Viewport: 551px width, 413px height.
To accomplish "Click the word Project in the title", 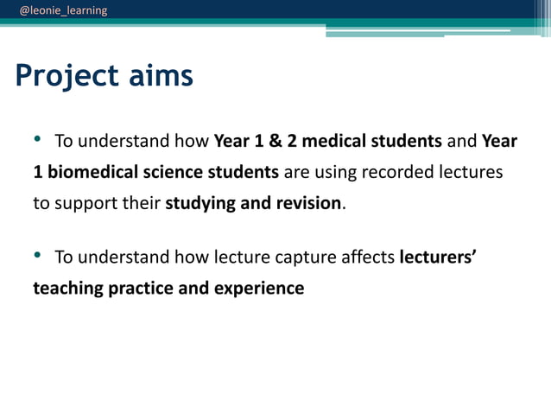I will [66, 77].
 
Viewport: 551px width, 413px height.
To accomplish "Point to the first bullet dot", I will [37, 139].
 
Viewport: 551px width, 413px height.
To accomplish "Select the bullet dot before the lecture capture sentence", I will [37, 255].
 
